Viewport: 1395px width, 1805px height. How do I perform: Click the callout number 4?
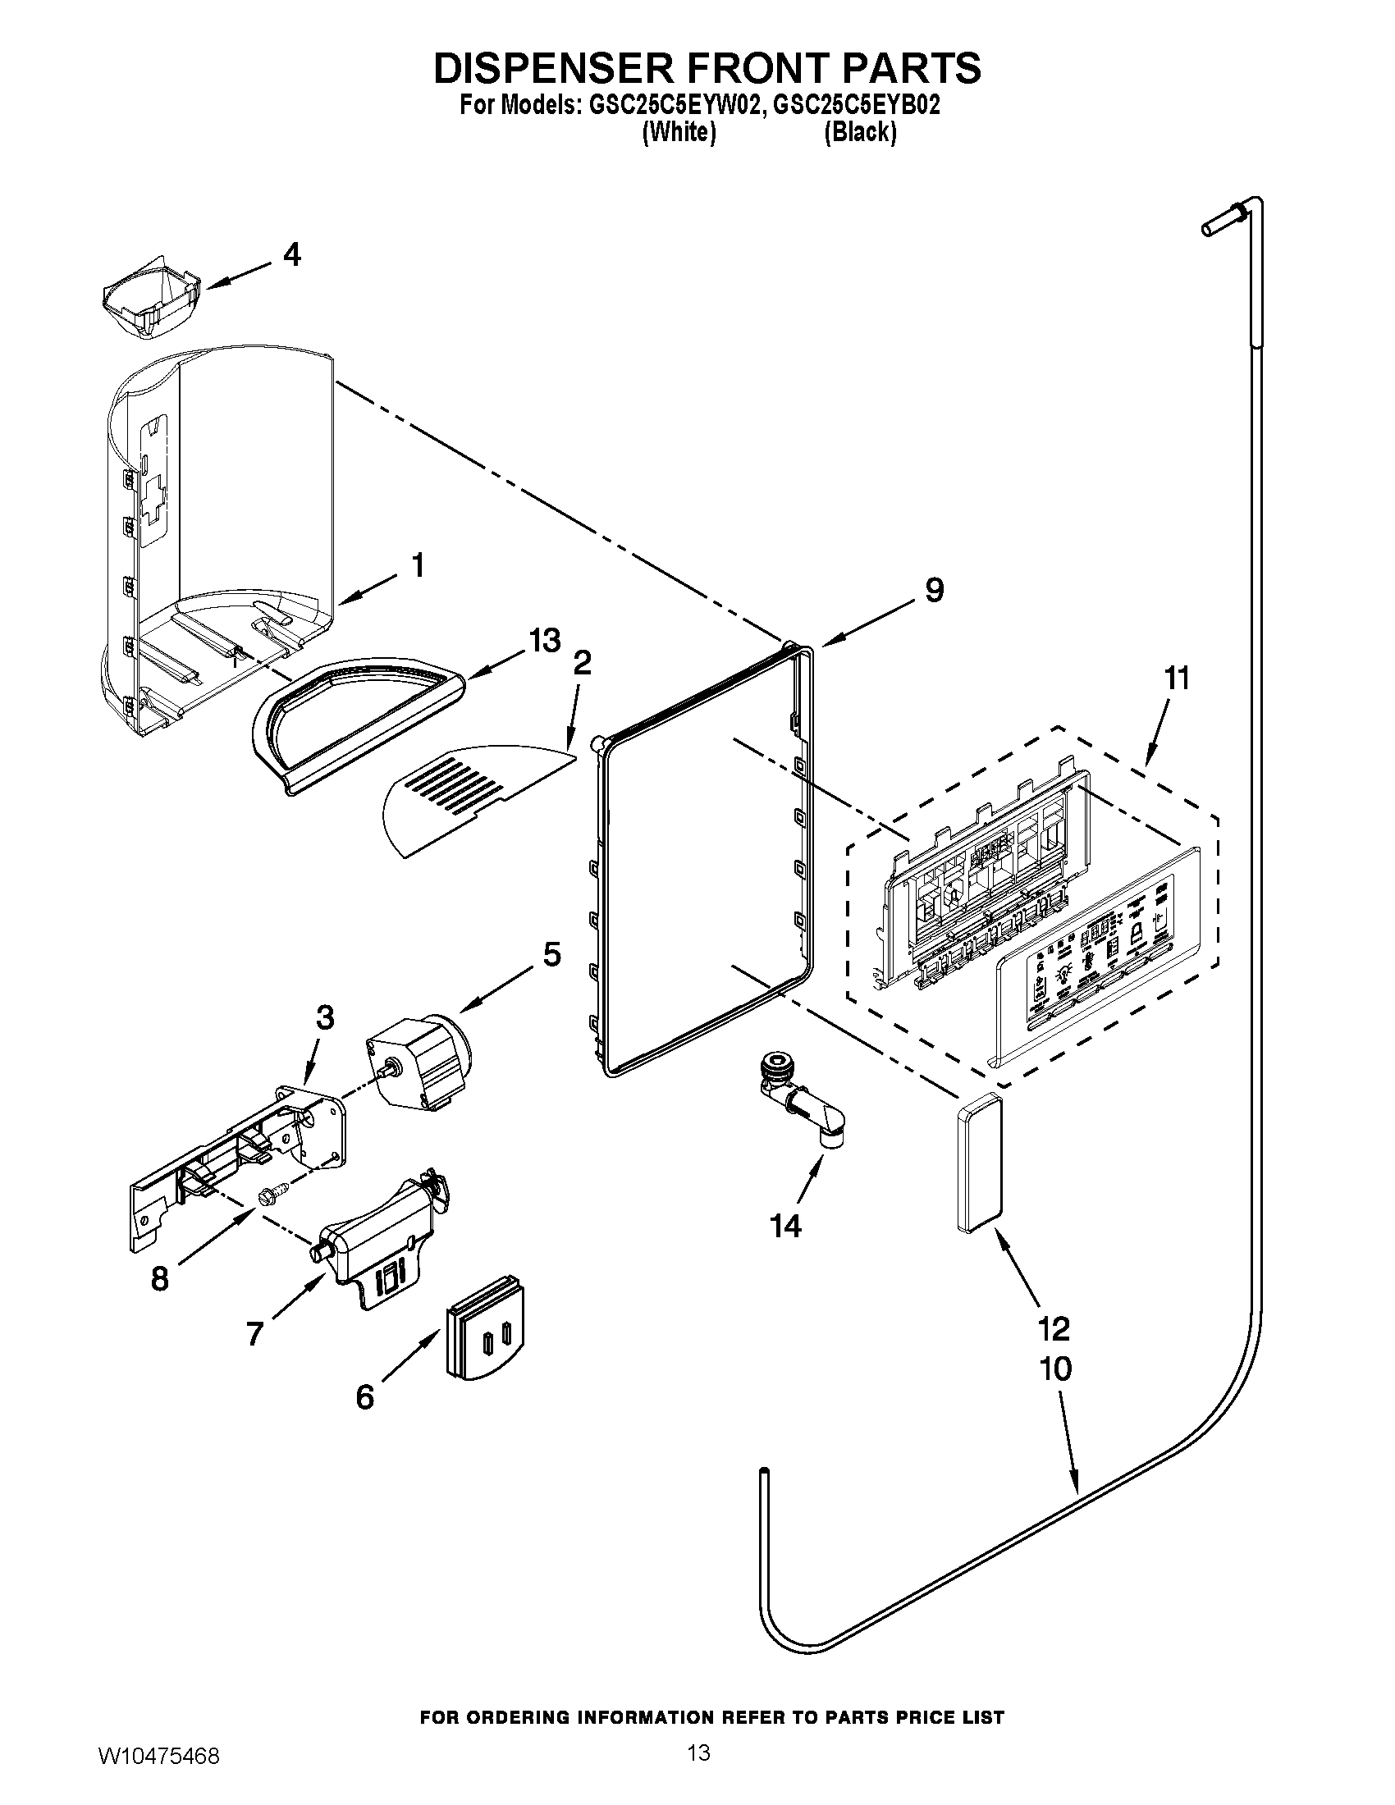pos(291,254)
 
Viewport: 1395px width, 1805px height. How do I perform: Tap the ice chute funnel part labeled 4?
pos(153,302)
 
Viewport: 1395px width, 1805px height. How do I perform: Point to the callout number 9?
pos(934,590)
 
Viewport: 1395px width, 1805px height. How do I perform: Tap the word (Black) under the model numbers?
pos(859,132)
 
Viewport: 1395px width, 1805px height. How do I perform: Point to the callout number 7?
pos(254,1332)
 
